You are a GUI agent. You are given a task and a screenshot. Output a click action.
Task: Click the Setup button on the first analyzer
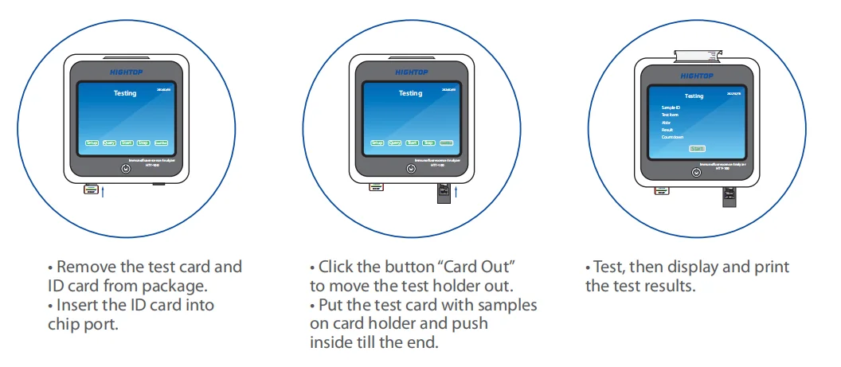point(92,143)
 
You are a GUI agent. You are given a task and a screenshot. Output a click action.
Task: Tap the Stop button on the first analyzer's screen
point(143,143)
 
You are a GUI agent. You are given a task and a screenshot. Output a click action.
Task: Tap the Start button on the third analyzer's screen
point(697,149)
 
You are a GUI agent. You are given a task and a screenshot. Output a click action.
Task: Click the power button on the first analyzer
point(125,169)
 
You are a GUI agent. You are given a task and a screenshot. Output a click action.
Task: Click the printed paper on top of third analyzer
point(697,54)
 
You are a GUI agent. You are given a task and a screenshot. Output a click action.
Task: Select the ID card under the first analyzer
point(92,190)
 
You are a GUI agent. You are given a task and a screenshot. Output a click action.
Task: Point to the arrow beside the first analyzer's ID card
point(103,192)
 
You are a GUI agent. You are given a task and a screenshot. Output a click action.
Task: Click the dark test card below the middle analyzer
point(444,194)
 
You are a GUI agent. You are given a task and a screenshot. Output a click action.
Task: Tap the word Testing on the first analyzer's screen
point(125,93)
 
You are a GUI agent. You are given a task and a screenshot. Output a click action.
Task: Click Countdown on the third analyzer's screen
point(673,137)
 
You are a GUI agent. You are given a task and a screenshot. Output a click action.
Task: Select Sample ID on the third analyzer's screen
point(671,107)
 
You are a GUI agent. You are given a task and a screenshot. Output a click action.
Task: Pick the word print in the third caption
point(771,267)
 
